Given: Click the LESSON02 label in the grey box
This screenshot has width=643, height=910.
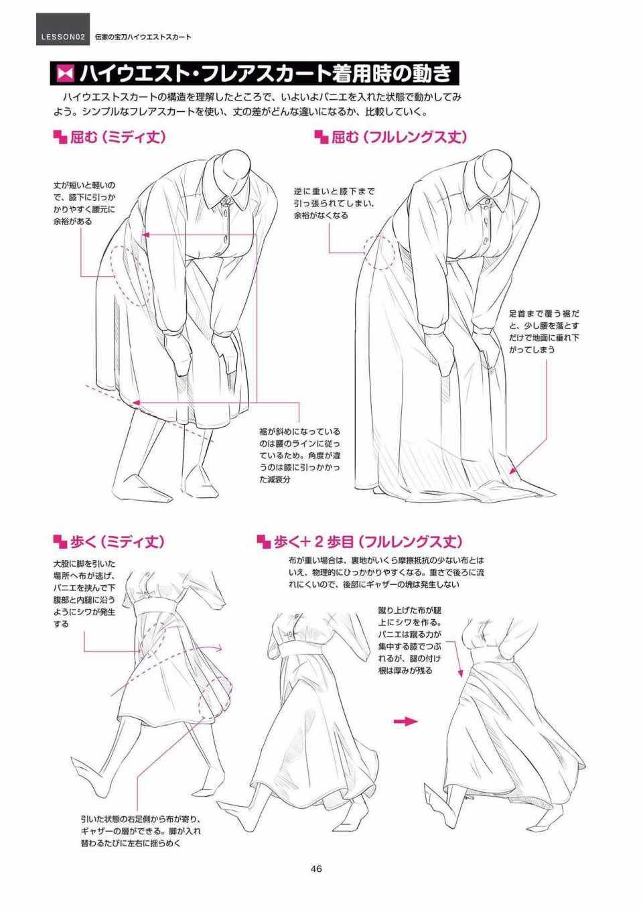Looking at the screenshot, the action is pos(63,37).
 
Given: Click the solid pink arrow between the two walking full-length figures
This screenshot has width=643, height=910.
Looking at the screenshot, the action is pos(405,721).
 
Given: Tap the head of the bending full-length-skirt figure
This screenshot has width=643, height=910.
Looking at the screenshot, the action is pos(496,167).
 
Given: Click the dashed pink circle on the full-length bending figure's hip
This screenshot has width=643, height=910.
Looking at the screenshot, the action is pos(379,252).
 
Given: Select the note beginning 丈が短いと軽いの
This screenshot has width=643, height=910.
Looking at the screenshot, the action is pos(84,203).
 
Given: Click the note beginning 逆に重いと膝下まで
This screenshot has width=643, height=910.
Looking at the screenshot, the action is pos(334,203).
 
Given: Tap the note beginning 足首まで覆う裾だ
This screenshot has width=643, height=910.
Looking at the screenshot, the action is pos(544,331).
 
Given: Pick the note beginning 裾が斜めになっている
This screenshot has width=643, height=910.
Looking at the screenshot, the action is pos(300,456).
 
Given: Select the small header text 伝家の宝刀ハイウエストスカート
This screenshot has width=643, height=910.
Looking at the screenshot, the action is pos(143,37).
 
